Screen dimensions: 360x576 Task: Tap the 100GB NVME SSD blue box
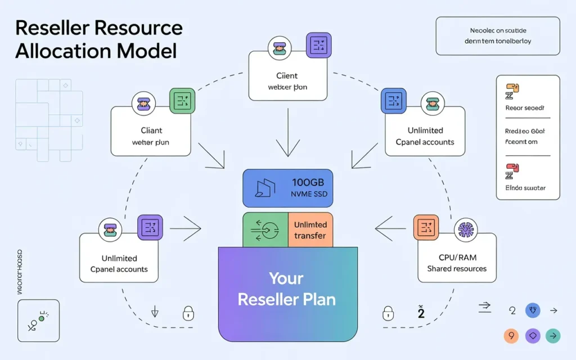pos(287,188)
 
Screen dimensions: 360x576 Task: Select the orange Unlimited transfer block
pos(310,229)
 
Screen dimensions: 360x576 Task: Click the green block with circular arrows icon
pos(265,229)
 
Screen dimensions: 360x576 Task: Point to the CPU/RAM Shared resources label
pos(456,263)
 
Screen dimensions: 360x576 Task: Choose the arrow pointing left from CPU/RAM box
pos(391,229)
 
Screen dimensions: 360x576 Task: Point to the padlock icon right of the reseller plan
pos(388,312)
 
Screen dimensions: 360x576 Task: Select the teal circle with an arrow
pos(553,336)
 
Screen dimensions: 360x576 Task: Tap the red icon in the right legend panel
pos(512,169)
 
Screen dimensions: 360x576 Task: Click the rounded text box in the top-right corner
pos(497,36)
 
